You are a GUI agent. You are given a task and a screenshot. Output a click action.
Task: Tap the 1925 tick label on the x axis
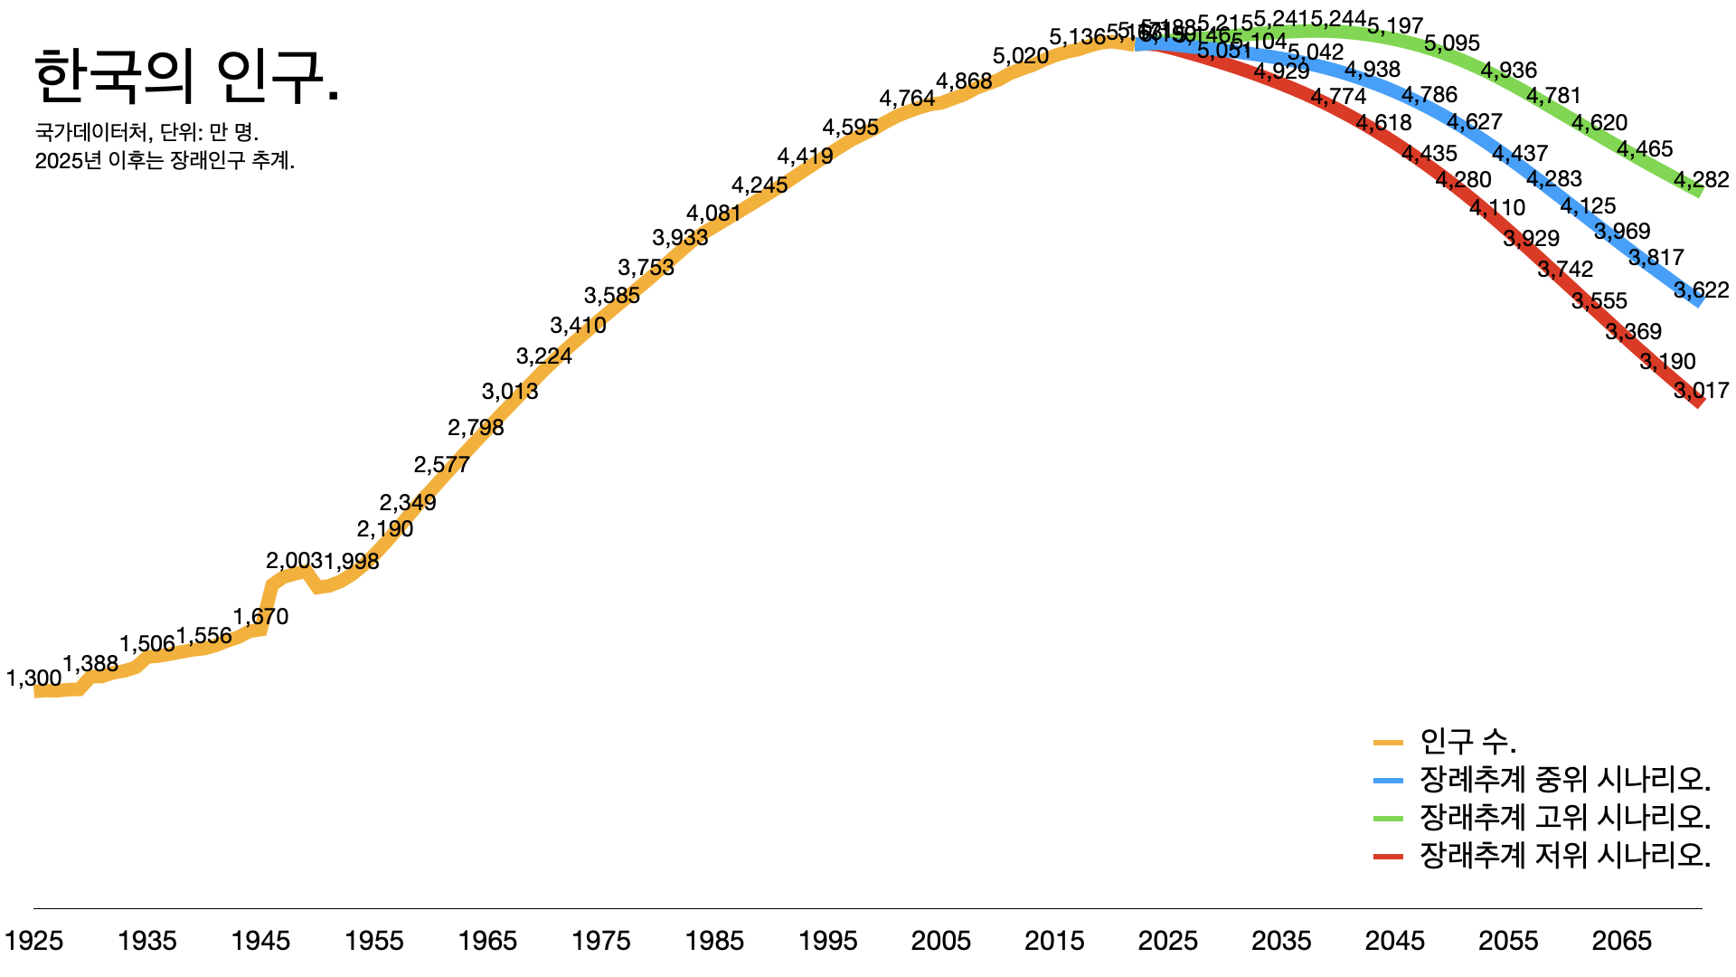tap(34, 941)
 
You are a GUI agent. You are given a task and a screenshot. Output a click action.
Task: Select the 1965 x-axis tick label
tap(487, 941)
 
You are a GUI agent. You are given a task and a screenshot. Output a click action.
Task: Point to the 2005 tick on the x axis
tap(941, 941)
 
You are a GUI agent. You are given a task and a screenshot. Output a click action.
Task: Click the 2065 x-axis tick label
tap(1621, 941)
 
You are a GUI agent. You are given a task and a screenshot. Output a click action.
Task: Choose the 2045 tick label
tap(1394, 941)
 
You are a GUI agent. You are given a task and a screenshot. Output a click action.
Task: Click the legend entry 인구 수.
tap(1467, 742)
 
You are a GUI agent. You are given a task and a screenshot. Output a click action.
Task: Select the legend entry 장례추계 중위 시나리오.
tap(1564, 779)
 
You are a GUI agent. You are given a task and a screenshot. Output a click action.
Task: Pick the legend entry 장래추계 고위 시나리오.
tap(1564, 817)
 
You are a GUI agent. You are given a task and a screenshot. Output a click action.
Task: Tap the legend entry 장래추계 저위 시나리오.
tap(1564, 855)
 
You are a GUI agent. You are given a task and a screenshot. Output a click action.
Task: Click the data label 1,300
tap(34, 678)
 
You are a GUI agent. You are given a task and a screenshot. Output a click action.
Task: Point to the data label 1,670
tap(260, 617)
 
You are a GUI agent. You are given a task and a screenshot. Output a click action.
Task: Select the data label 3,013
tap(510, 392)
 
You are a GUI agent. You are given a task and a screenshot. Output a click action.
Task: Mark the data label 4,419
tap(805, 157)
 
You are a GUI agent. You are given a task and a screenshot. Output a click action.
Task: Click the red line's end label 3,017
tap(1701, 391)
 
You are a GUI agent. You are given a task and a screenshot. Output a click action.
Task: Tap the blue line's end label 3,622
tap(1701, 290)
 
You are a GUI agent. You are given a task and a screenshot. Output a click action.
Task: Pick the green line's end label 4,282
tap(1701, 180)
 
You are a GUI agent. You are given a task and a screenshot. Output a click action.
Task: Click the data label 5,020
tap(1021, 56)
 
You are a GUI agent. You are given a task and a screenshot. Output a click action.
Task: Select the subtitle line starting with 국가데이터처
tap(146, 132)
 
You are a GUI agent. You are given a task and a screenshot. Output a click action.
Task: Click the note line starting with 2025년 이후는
tap(165, 161)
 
